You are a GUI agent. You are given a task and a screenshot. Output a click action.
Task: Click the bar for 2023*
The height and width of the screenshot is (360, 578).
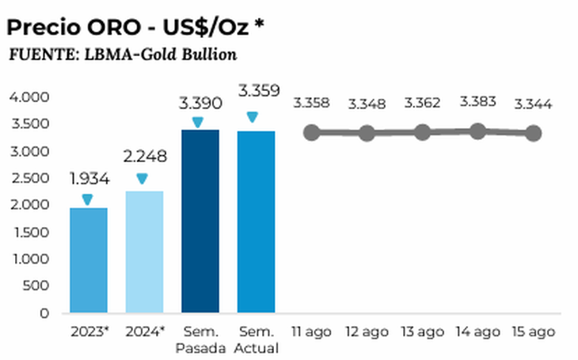tap(88, 260)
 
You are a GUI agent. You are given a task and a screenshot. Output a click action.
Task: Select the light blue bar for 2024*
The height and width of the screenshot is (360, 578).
tap(144, 252)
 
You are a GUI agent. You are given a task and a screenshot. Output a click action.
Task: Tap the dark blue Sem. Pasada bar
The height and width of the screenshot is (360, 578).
tap(200, 221)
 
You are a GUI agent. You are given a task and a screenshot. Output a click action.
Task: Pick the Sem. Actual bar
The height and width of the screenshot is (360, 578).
tap(256, 222)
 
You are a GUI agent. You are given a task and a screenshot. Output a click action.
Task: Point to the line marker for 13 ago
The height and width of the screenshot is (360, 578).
tap(422, 131)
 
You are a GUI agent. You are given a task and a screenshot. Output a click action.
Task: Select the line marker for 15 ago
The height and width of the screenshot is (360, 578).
tap(533, 133)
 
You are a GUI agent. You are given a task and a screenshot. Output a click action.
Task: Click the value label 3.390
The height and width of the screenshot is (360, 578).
tap(200, 104)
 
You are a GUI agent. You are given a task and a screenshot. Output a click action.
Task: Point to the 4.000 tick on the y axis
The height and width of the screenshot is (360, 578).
tap(29, 97)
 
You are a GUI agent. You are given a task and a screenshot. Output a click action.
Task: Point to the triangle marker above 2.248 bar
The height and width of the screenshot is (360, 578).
tap(142, 179)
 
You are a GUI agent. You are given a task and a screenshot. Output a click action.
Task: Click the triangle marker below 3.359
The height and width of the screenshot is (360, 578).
tap(253, 117)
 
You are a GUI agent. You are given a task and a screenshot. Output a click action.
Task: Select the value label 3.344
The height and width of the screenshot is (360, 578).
tap(533, 104)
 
